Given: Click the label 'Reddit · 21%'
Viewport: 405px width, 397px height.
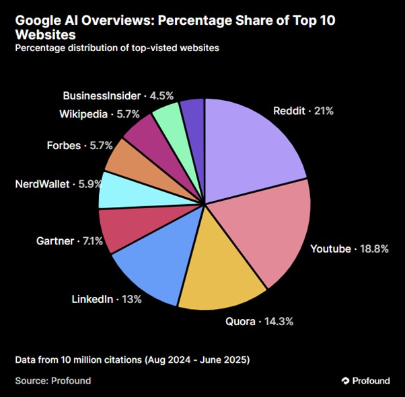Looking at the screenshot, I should pyautogui.click(x=303, y=111).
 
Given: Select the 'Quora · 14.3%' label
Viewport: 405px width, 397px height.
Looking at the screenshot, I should pyautogui.click(x=259, y=322).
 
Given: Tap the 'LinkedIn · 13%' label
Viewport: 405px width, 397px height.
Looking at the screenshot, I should pyautogui.click(x=106, y=299).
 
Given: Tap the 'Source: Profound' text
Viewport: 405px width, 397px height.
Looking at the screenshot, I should pyautogui.click(x=52, y=380).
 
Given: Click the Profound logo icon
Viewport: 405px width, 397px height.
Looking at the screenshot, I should pyautogui.click(x=346, y=381).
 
